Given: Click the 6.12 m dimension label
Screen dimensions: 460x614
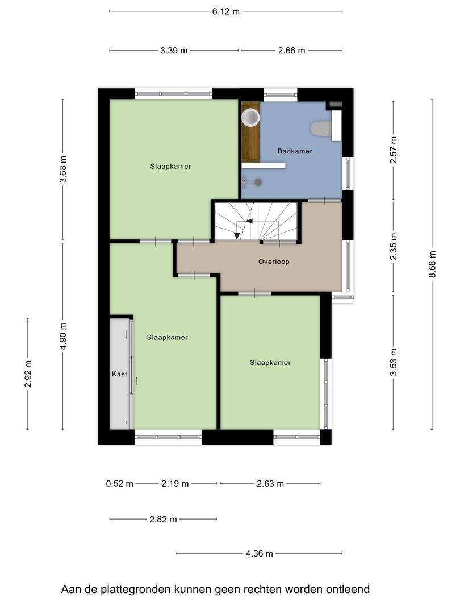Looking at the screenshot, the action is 225,11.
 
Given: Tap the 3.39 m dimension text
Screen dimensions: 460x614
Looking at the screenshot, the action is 174,51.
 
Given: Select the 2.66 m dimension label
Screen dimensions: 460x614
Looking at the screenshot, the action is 292,51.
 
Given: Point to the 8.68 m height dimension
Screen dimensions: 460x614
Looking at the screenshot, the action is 432,264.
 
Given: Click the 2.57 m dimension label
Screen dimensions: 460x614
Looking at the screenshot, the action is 394,150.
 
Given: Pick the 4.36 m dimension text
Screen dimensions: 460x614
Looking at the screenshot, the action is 260,554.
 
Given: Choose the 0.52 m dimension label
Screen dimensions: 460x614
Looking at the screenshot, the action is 120,484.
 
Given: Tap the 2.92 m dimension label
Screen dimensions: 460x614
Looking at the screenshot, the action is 28,374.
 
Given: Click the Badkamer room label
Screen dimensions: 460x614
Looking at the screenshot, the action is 295,151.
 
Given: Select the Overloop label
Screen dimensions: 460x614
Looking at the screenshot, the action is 274,262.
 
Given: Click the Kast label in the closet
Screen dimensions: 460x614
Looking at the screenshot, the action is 119,374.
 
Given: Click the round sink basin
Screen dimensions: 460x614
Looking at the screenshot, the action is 250,118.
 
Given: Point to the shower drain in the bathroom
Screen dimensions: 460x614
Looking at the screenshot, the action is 258,182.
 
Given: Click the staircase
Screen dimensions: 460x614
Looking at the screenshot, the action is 256,221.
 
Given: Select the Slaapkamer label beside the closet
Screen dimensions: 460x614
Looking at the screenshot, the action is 168,337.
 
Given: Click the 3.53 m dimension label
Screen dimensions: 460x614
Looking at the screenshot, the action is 394,362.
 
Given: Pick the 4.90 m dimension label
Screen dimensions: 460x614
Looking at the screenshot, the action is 64,336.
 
